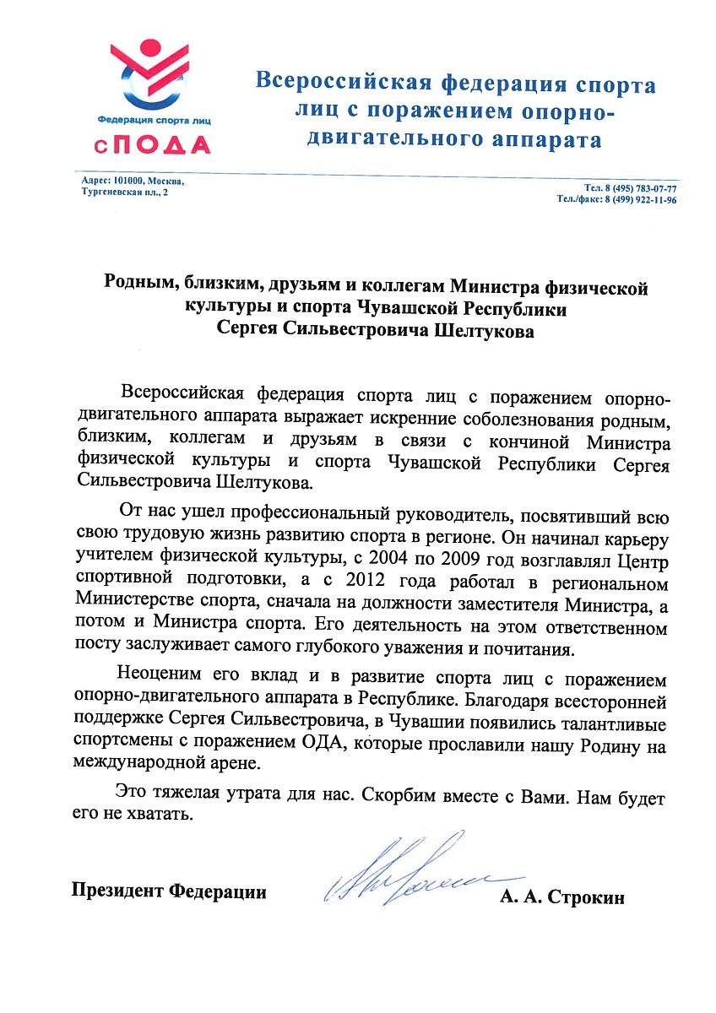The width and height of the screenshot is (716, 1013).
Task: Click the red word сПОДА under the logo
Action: [x=152, y=145]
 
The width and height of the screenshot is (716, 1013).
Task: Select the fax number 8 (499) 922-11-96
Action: [x=640, y=200]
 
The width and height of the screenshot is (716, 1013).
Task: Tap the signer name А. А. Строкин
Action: [x=561, y=897]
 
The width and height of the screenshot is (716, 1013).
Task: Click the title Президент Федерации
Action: [x=169, y=891]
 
